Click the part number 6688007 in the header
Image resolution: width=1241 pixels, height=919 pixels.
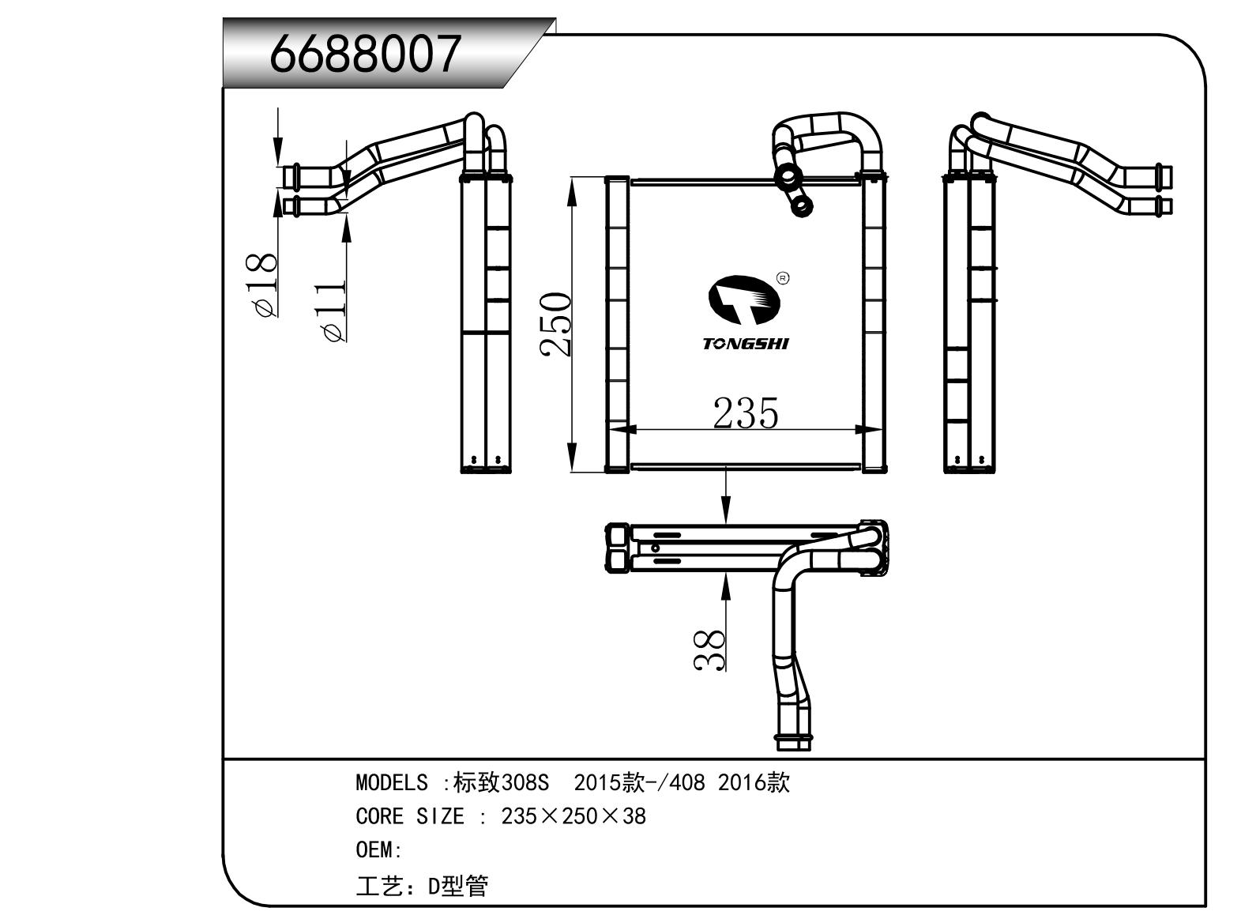click(365, 54)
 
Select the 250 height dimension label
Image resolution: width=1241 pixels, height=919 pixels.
click(555, 325)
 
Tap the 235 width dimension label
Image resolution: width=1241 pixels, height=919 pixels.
click(746, 412)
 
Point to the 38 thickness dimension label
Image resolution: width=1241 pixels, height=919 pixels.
click(709, 650)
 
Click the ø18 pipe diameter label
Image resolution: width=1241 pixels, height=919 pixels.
click(264, 285)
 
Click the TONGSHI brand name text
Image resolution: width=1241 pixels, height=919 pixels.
click(746, 344)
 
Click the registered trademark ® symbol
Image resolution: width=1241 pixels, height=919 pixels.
click(783, 278)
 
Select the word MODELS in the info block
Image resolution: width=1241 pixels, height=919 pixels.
click(392, 783)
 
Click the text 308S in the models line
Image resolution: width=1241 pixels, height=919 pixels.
click(525, 783)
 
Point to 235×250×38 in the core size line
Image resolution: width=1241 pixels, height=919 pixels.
click(573, 816)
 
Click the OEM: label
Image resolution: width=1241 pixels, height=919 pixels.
click(379, 850)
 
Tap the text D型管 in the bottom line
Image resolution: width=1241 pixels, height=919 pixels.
click(458, 886)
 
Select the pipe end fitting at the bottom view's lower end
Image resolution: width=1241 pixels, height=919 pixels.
click(793, 744)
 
